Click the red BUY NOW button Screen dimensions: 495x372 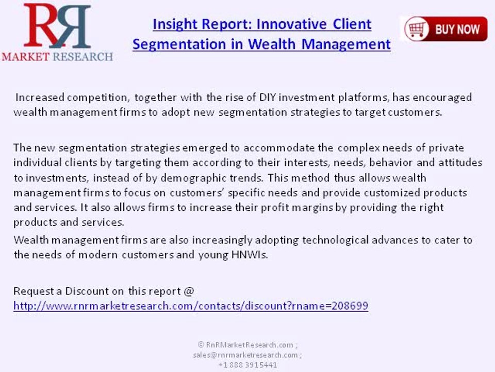[x=445, y=29]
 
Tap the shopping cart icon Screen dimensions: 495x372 [x=417, y=29]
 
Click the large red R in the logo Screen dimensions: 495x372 [x=42, y=25]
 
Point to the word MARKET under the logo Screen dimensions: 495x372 [x=26, y=57]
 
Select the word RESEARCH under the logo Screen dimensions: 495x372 [x=83, y=57]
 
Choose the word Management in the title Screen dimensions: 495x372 [x=346, y=44]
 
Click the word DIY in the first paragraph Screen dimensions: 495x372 [x=268, y=97]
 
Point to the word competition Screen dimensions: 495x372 [x=97, y=98]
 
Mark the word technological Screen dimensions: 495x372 [x=335, y=240]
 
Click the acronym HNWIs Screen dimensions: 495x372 [x=250, y=255]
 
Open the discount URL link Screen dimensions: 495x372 [x=191, y=306]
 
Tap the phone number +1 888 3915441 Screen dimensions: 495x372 [x=248, y=365]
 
